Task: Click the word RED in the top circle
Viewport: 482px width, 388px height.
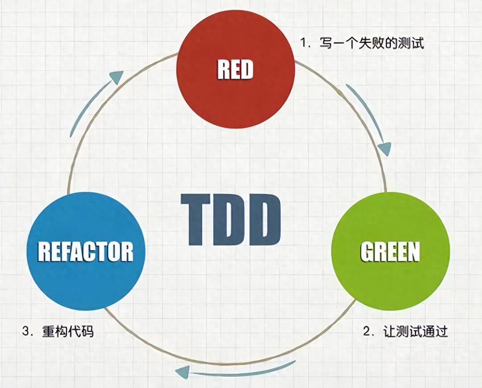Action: coord(235,69)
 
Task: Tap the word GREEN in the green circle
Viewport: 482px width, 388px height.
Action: coord(390,252)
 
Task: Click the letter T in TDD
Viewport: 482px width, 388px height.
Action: coord(195,220)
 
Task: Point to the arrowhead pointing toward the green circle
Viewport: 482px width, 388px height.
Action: coord(385,149)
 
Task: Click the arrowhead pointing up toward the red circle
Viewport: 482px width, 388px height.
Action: coord(117,77)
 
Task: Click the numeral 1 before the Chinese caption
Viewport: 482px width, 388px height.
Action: coord(303,43)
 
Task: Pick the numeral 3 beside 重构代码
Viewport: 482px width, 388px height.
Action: coord(26,331)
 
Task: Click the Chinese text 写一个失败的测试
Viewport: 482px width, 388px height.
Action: coord(372,43)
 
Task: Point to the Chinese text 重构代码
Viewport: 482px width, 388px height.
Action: coord(68,331)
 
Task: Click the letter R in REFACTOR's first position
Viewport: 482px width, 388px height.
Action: coord(44,252)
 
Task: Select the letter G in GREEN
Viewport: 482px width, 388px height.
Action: coord(366,252)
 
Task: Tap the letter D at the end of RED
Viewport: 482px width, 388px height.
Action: coord(248,70)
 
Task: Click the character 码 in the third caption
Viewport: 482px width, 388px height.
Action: coord(87,331)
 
